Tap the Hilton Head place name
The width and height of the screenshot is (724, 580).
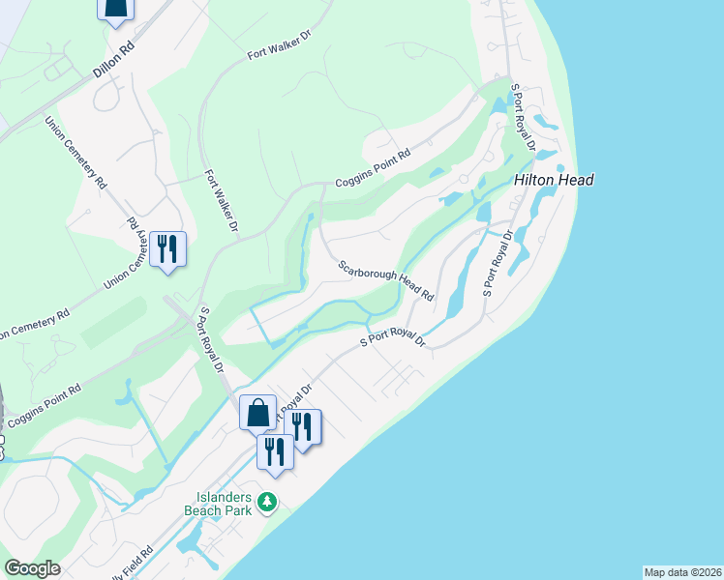tap(554, 180)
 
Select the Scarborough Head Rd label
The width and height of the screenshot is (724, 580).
tap(386, 280)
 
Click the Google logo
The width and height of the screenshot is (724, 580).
tap(32, 568)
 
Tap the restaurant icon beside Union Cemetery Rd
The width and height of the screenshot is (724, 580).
tap(168, 249)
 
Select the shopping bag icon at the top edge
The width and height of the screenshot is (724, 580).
tap(114, 8)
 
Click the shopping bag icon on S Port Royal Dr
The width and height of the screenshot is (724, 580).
tap(258, 413)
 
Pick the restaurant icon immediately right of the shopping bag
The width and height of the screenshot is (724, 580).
tap(302, 426)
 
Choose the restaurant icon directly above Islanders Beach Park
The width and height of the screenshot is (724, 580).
tap(275, 451)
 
